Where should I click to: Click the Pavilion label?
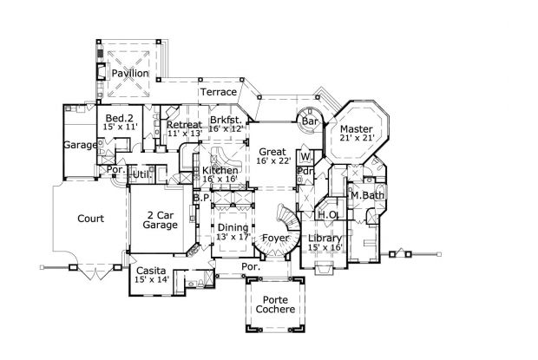pos(129,75)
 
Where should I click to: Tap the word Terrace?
pos(219,92)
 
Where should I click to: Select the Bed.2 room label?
pos(119,117)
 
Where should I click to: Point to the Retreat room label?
pos(184,125)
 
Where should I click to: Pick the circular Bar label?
pos(310,122)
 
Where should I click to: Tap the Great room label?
pos(272,152)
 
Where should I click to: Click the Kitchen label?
pos(220,171)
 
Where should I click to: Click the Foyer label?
pos(275,238)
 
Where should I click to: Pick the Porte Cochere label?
pos(274,304)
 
